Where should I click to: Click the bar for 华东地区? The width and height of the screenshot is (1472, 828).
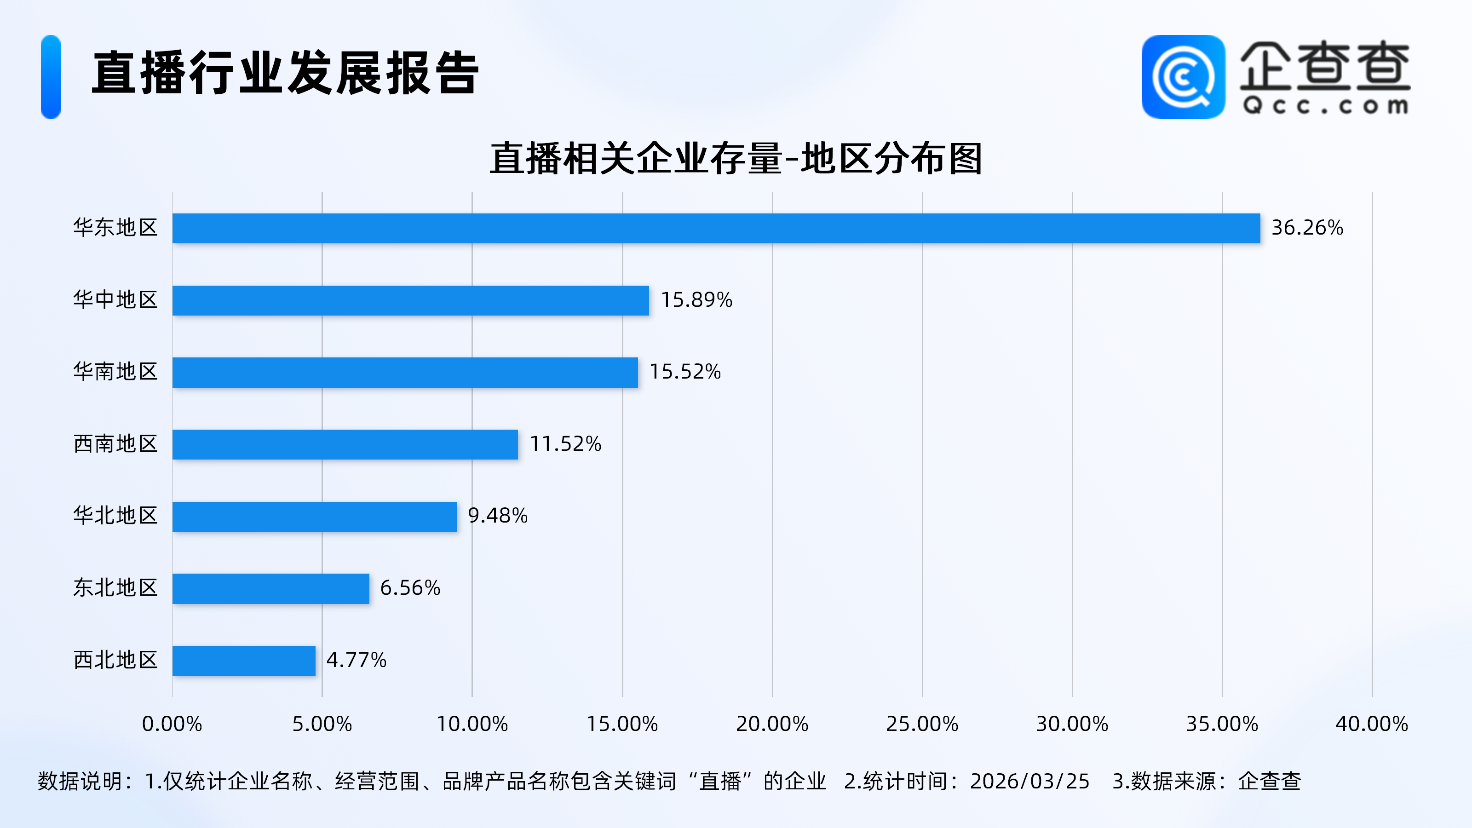tap(716, 229)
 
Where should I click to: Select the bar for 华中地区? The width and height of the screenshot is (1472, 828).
tap(410, 300)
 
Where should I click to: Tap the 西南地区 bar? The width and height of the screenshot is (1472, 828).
tap(345, 444)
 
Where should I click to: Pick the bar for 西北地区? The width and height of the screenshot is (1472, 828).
tap(244, 661)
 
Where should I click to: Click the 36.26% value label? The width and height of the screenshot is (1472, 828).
tap(1307, 228)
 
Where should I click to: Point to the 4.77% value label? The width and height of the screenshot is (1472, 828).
tap(356, 661)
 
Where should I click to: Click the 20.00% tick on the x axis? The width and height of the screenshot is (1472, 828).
tap(772, 724)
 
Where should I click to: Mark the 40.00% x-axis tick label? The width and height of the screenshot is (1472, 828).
tap(1371, 724)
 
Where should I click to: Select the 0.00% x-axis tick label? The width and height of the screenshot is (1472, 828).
tap(172, 724)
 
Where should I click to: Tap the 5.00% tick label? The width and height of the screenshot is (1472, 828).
tap(322, 724)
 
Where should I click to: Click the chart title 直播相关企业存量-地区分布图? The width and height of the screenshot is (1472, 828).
tap(736, 159)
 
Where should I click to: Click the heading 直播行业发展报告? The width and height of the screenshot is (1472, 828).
tap(285, 73)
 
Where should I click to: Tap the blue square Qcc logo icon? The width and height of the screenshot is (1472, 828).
tap(1183, 77)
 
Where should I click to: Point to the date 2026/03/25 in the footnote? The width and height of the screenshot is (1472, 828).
tap(1030, 782)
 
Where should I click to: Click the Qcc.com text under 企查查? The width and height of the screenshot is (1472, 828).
tap(1325, 106)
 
